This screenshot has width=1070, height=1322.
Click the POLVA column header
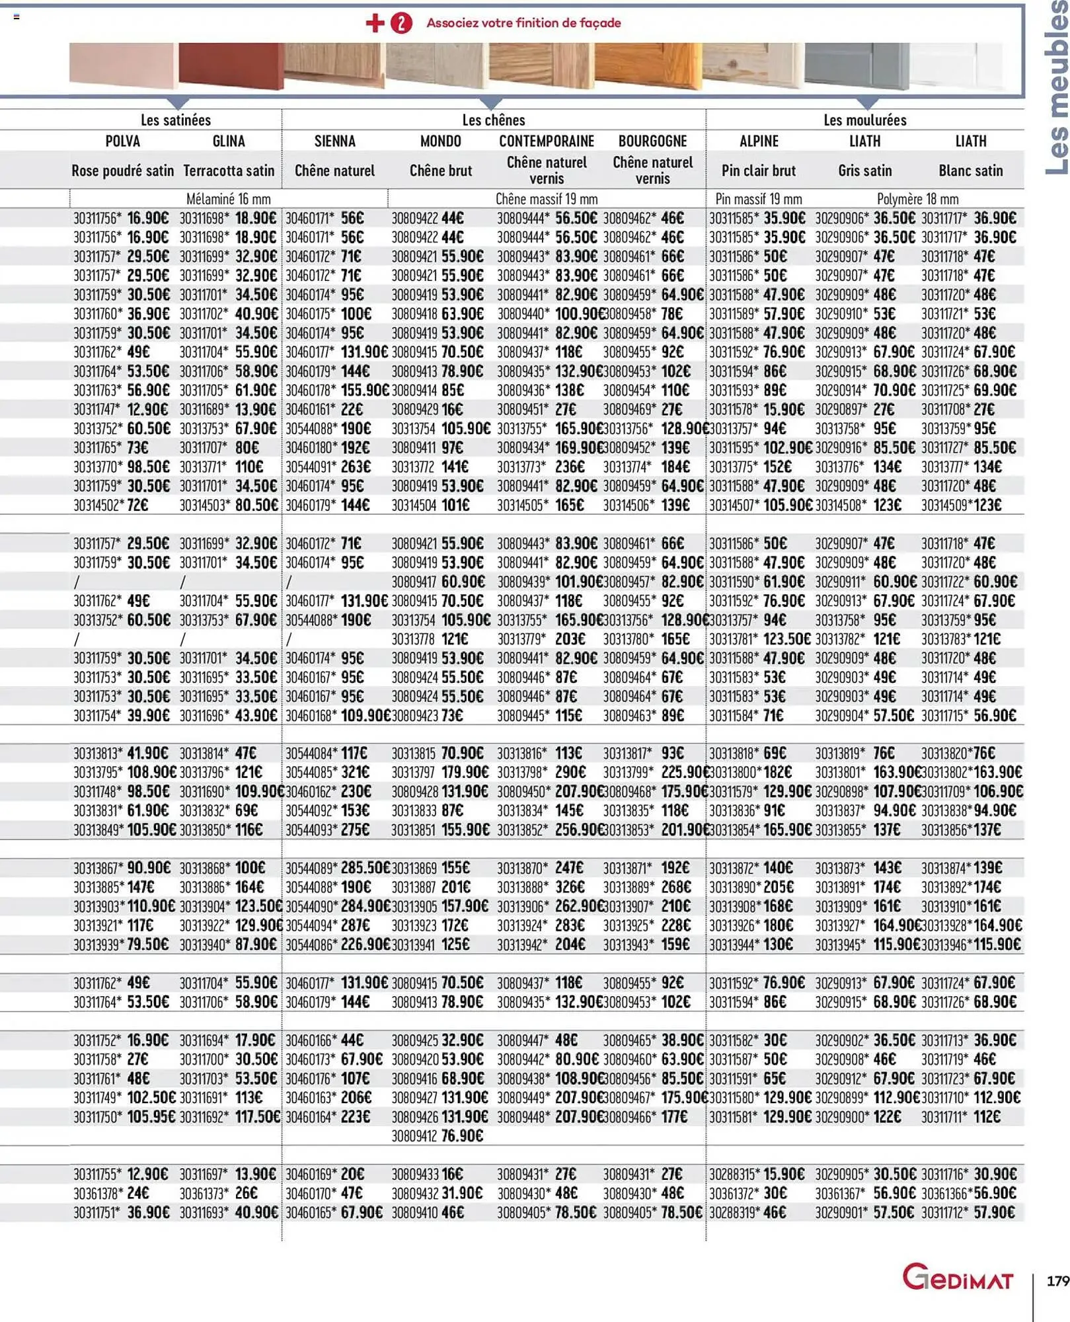tap(122, 141)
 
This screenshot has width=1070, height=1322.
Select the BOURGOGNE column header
tap(652, 141)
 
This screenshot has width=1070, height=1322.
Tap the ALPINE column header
tap(759, 141)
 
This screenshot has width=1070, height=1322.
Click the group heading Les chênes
tap(493, 120)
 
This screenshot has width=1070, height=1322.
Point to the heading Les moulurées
tap(864, 120)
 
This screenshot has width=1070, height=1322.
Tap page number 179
tap(1057, 1281)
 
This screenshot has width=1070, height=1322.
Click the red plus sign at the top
tap(375, 23)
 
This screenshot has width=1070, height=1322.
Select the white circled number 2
tap(401, 23)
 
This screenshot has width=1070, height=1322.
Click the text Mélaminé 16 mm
tap(228, 199)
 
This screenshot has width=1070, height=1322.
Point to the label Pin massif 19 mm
tap(758, 199)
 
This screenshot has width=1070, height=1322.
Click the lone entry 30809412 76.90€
tap(438, 1136)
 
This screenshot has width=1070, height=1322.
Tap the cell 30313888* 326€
tap(541, 887)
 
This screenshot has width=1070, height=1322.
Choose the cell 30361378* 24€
tap(111, 1193)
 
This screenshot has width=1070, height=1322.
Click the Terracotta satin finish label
tap(229, 171)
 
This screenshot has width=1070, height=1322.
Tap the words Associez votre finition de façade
tap(523, 23)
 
